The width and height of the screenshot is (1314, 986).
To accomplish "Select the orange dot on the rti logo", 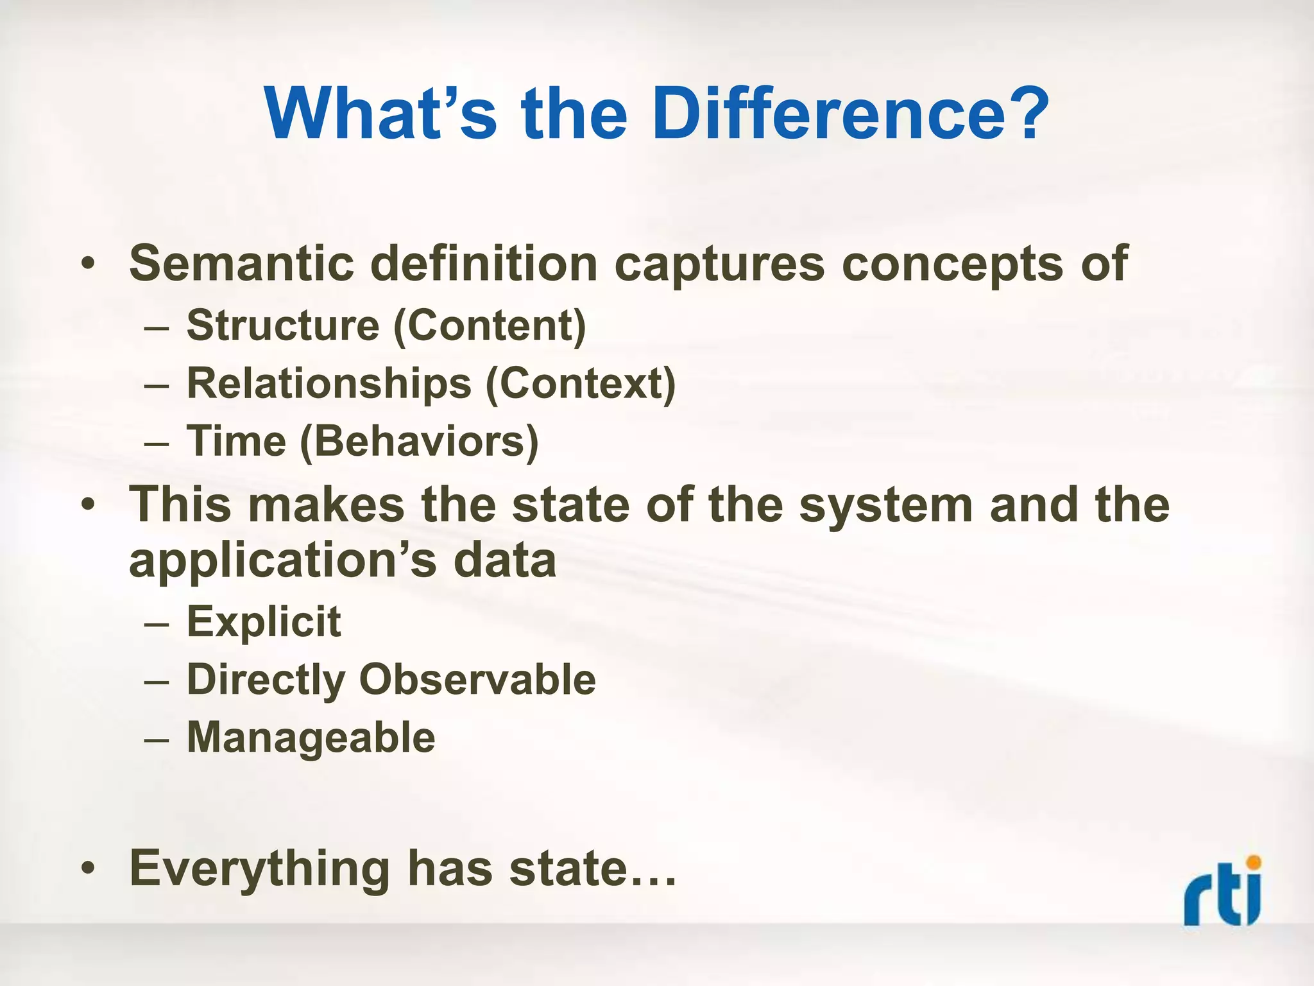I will (1253, 862).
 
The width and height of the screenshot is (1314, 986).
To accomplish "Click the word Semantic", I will (241, 263).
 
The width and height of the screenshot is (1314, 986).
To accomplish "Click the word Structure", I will (283, 325).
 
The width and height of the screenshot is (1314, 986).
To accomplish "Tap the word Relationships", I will (328, 384).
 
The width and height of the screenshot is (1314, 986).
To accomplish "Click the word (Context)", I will (581, 385).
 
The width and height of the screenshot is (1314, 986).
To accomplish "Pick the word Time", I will (236, 442).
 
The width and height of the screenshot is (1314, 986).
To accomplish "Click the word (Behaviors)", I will (419, 442).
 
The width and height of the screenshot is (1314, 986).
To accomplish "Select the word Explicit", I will (264, 621).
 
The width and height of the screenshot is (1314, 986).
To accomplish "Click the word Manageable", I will (311, 737).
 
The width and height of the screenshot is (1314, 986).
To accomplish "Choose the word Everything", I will (259, 869).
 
